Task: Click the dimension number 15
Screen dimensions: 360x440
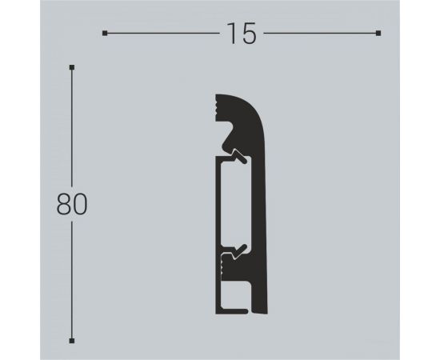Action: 241,34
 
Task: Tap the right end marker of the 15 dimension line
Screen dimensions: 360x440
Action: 378,34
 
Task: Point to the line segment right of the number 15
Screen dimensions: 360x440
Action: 320,34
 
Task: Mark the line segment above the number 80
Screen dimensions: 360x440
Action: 72,128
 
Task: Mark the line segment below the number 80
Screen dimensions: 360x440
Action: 72,280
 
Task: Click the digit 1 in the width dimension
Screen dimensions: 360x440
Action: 230,34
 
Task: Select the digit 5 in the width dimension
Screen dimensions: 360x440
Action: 248,34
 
